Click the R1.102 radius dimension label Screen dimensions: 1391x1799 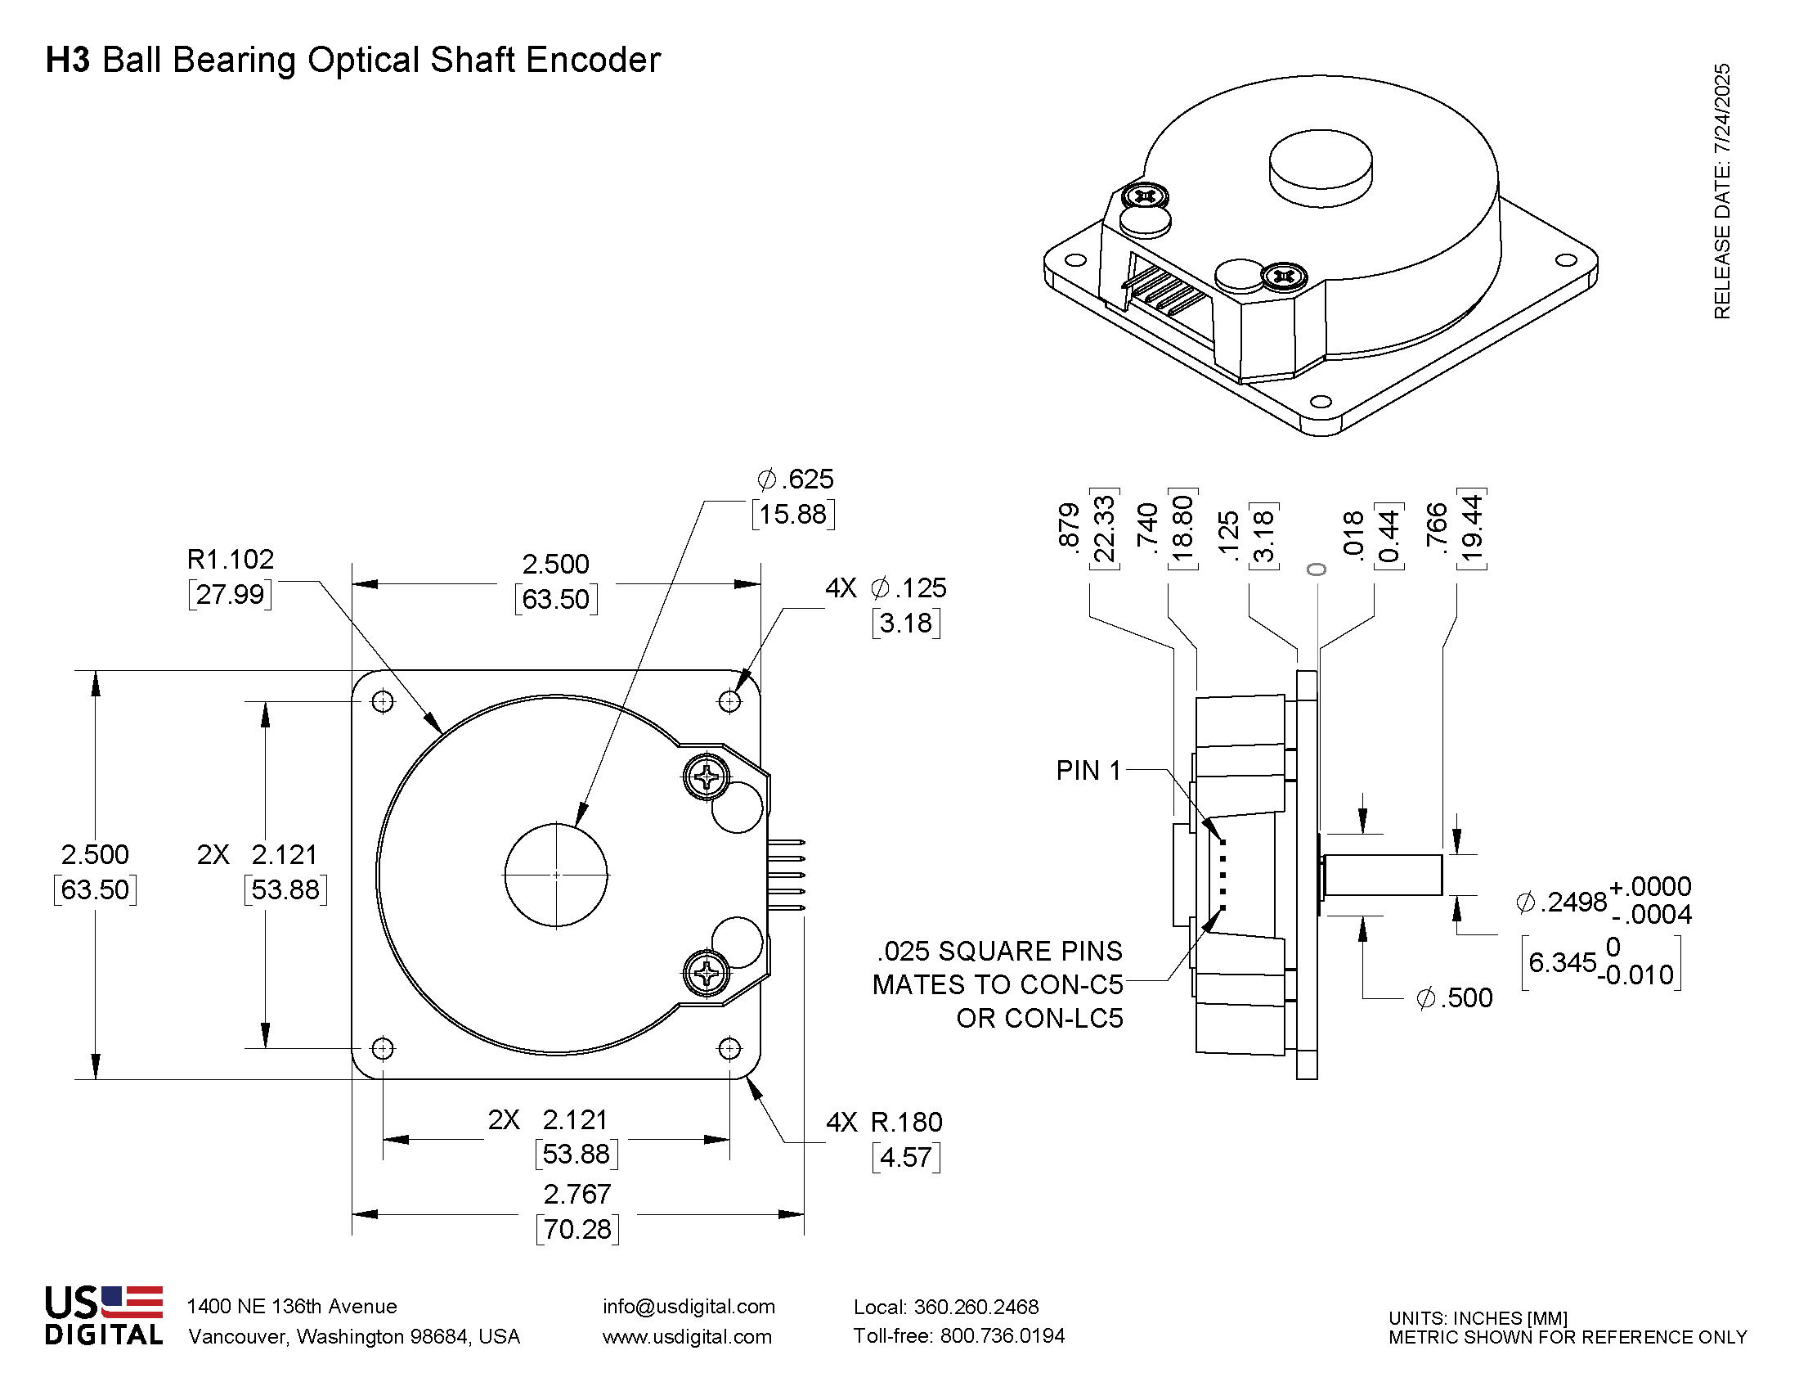230,560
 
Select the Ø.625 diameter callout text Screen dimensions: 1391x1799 795,479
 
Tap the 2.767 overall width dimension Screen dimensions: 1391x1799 576,1194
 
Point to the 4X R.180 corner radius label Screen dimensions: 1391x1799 884,1123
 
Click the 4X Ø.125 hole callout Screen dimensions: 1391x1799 886,588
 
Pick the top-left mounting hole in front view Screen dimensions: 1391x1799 382,701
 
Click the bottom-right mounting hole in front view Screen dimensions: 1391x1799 729,1048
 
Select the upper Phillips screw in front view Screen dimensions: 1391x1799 707,777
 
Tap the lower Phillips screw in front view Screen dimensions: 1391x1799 707,974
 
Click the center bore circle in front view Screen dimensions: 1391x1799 556,875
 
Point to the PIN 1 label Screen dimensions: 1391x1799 1088,771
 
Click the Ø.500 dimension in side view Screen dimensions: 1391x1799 1454,998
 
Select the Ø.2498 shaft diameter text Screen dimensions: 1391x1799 1561,902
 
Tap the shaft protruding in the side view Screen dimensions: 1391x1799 1384,875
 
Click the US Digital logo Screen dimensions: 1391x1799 104,1316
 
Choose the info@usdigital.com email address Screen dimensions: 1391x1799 689,1307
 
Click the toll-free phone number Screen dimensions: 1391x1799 959,1336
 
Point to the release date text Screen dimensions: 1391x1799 1721,191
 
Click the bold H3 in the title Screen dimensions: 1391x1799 68,61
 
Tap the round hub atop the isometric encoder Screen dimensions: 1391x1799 1321,167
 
